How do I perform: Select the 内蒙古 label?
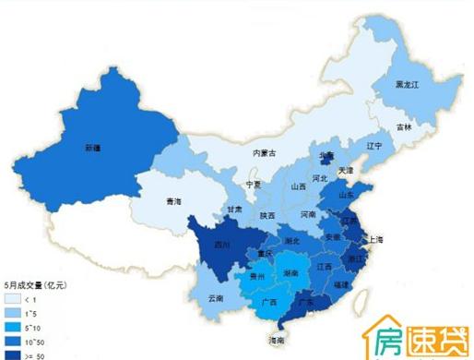tap(267, 153)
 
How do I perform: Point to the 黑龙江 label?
tap(407, 82)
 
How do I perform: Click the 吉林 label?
tap(405, 126)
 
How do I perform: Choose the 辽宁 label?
tap(373, 146)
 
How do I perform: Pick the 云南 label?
tap(216, 298)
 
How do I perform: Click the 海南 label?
tap(277, 342)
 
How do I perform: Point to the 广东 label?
tap(309, 302)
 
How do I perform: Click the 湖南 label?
tap(290, 274)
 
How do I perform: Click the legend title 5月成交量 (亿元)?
tap(37, 285)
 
